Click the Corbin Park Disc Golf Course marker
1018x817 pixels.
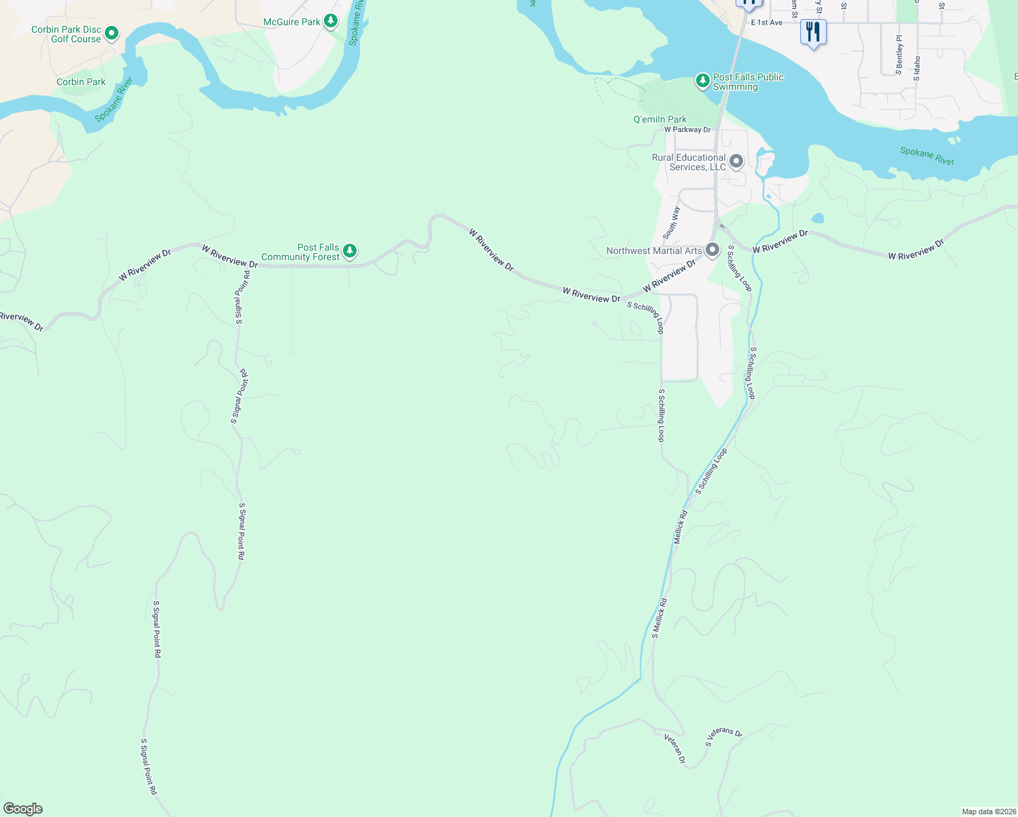coord(112,33)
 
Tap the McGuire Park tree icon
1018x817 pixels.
coord(331,21)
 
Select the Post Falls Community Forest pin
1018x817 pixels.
coord(350,251)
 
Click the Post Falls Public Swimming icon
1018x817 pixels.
coord(702,81)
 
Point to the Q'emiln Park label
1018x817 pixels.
coord(659,119)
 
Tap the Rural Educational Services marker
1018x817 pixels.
coord(736,162)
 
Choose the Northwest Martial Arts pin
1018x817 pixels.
coord(712,250)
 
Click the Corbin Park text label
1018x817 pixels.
coord(81,82)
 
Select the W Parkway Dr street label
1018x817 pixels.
coord(687,129)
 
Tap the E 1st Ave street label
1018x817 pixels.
coord(766,22)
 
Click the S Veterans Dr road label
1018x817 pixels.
coord(723,737)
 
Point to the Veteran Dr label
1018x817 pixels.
coord(675,748)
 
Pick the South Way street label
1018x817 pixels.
coord(671,222)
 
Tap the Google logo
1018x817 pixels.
coord(22,809)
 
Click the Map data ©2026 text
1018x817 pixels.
coord(988,812)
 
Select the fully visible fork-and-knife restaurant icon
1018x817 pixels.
coord(813,32)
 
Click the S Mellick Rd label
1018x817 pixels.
coord(659,618)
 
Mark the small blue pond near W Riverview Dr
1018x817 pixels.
coord(817,219)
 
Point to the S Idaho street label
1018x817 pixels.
coord(917,68)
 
